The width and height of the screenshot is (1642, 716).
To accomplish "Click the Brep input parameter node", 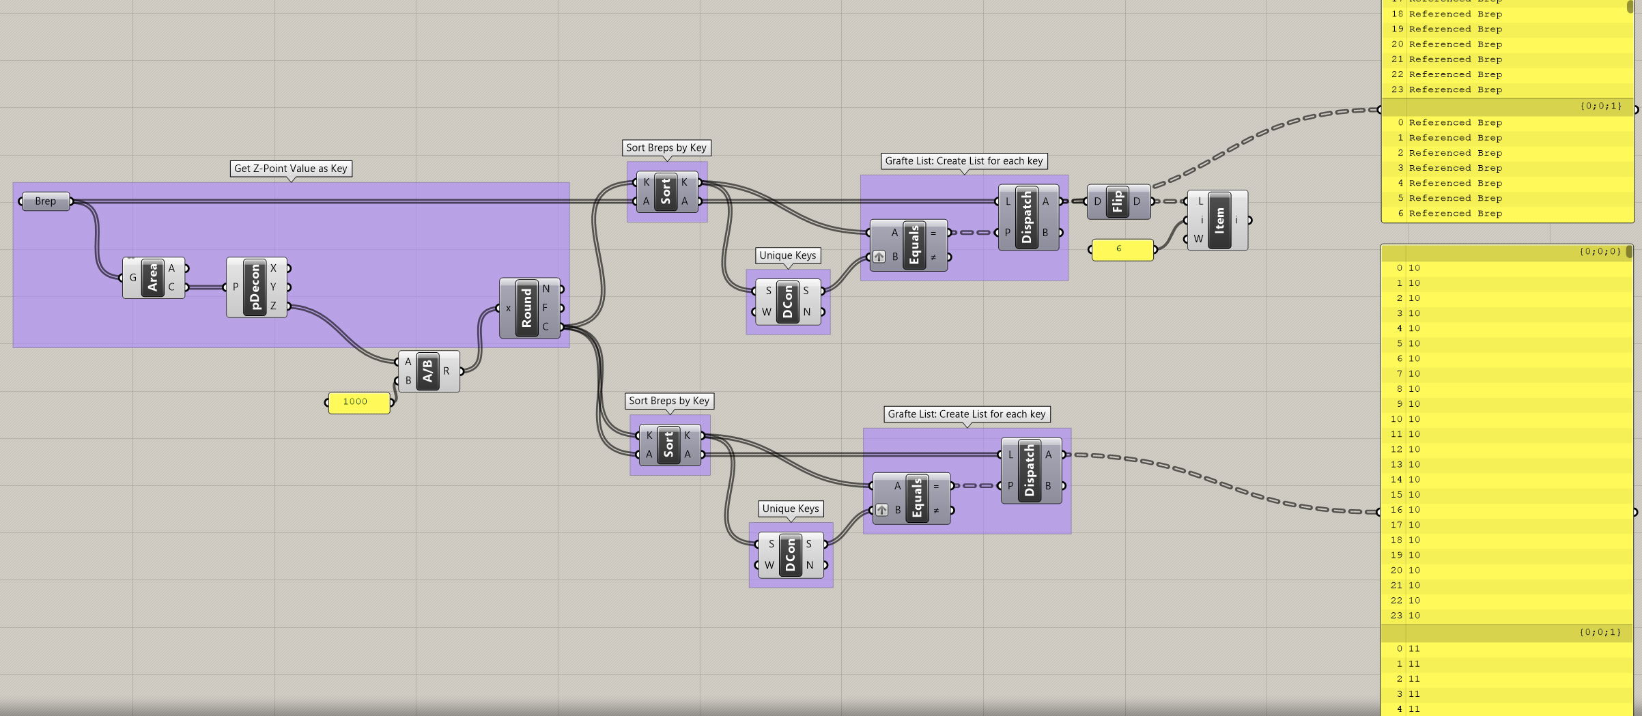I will (x=46, y=201).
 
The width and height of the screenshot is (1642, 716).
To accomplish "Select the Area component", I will (x=153, y=278).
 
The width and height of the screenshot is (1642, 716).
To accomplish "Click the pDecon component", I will (x=255, y=287).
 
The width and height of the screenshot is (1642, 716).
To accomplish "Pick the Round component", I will (x=527, y=308).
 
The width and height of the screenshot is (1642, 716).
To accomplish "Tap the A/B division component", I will (x=428, y=371).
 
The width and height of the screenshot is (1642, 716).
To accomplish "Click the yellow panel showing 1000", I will (x=358, y=402).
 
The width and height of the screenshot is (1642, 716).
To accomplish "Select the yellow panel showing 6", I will (x=1122, y=249).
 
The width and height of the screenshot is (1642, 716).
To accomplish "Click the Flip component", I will (x=1118, y=201).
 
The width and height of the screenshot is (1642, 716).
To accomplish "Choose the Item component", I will (x=1219, y=220).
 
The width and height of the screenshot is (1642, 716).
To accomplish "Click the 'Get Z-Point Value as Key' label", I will (x=291, y=169).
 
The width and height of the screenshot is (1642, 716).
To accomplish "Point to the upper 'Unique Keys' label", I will (x=787, y=255).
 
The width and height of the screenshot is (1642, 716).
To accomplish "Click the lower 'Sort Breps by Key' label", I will (x=668, y=401).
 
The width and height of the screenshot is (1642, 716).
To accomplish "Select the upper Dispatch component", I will (x=1027, y=217).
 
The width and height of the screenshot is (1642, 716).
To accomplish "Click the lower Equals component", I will (x=917, y=498).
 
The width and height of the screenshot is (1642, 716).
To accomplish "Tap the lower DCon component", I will (x=791, y=555).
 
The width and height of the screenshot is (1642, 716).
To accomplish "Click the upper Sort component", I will (x=666, y=192).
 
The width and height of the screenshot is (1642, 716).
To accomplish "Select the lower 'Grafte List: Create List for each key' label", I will (x=966, y=414).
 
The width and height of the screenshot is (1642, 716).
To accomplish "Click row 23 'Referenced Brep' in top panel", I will (x=1455, y=90).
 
